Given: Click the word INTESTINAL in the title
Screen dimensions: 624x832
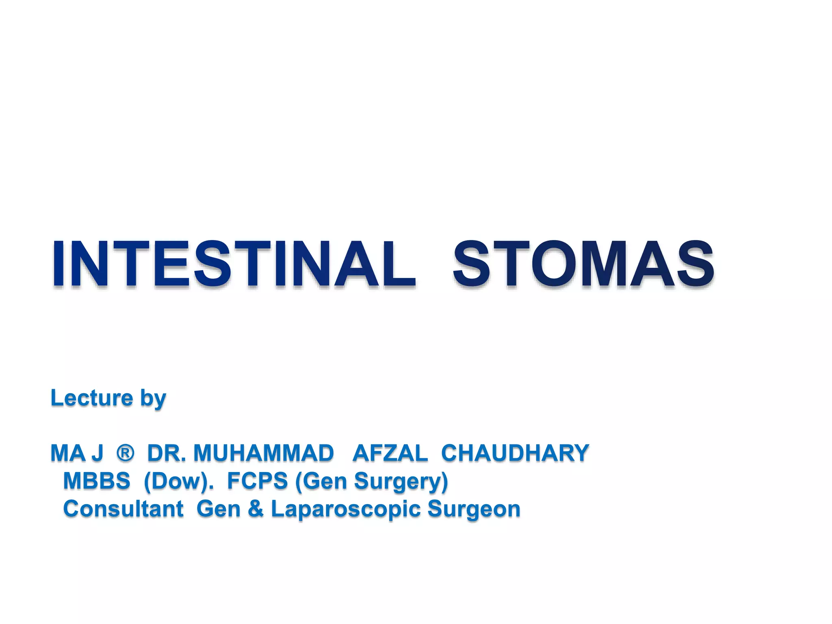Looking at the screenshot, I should (234, 264).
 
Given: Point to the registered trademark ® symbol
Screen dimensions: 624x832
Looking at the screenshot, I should (125, 453).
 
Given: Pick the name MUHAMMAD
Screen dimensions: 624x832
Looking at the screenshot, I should (264, 453).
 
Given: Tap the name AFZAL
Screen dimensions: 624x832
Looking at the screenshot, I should (390, 453).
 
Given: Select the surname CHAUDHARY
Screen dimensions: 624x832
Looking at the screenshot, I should (515, 453).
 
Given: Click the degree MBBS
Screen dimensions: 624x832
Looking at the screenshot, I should (97, 481).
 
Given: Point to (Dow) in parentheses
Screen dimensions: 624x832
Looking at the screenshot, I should (178, 481).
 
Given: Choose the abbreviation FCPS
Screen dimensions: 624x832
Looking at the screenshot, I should (257, 481).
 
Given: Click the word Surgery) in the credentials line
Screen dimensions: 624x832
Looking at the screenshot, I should (401, 482).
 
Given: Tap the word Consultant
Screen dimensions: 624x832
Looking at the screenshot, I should (123, 509).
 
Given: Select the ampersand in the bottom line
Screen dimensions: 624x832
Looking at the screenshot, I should (256, 509).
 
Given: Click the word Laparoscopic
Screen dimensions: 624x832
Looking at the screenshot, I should (345, 510).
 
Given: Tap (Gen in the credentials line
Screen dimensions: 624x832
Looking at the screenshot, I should (321, 481).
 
